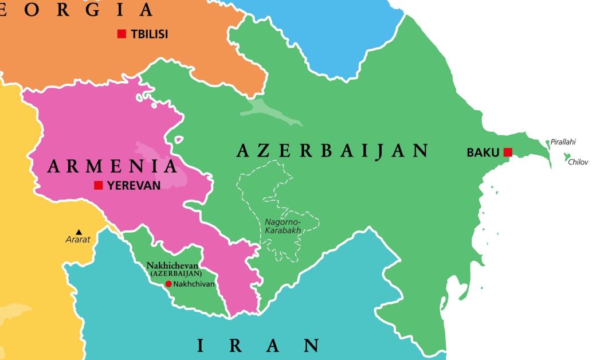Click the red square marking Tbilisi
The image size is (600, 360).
click(121, 34)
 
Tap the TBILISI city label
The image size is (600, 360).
click(150, 34)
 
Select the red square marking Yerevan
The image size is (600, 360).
click(99, 185)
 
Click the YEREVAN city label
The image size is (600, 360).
click(134, 185)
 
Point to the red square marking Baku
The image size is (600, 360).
click(508, 152)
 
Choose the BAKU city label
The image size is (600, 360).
click(483, 153)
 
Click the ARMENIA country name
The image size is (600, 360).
click(112, 166)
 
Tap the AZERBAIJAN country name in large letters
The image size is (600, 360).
click(332, 151)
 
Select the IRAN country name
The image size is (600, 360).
click(258, 346)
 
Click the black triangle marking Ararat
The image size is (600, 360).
click(79, 232)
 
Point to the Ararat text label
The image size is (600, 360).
click(78, 240)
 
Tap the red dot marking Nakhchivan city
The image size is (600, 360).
click(168, 284)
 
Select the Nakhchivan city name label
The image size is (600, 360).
click(194, 284)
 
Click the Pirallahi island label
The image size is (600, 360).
click(563, 142)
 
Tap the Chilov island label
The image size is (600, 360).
click(578, 162)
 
